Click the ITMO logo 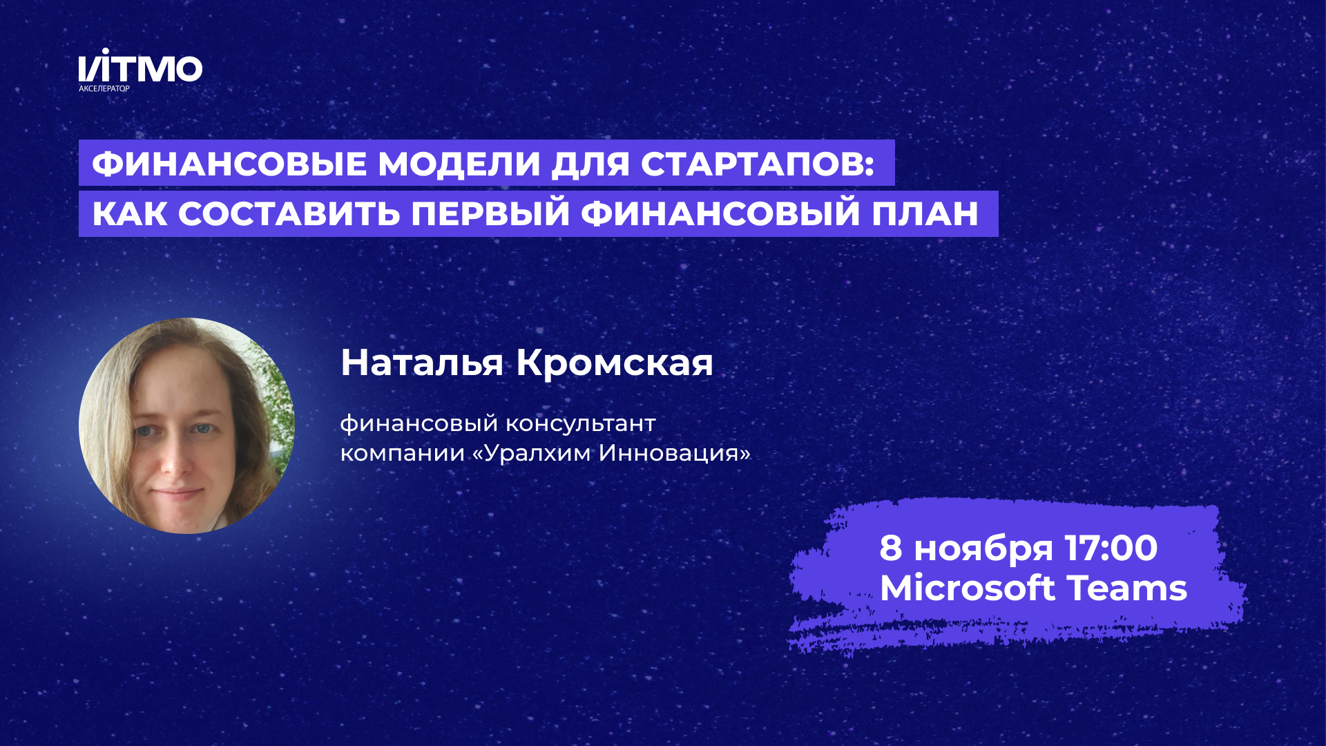(x=140, y=67)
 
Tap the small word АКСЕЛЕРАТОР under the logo (x=104, y=88)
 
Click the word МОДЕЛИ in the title (x=459, y=164)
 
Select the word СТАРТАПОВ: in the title (x=757, y=164)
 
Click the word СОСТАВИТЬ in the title (x=289, y=213)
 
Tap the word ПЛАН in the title (x=925, y=213)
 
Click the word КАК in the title (x=130, y=213)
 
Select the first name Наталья (x=422, y=363)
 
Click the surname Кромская (x=615, y=363)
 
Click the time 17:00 (x=1111, y=548)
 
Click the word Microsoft (x=968, y=588)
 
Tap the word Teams (x=1127, y=588)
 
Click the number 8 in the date (x=891, y=548)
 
